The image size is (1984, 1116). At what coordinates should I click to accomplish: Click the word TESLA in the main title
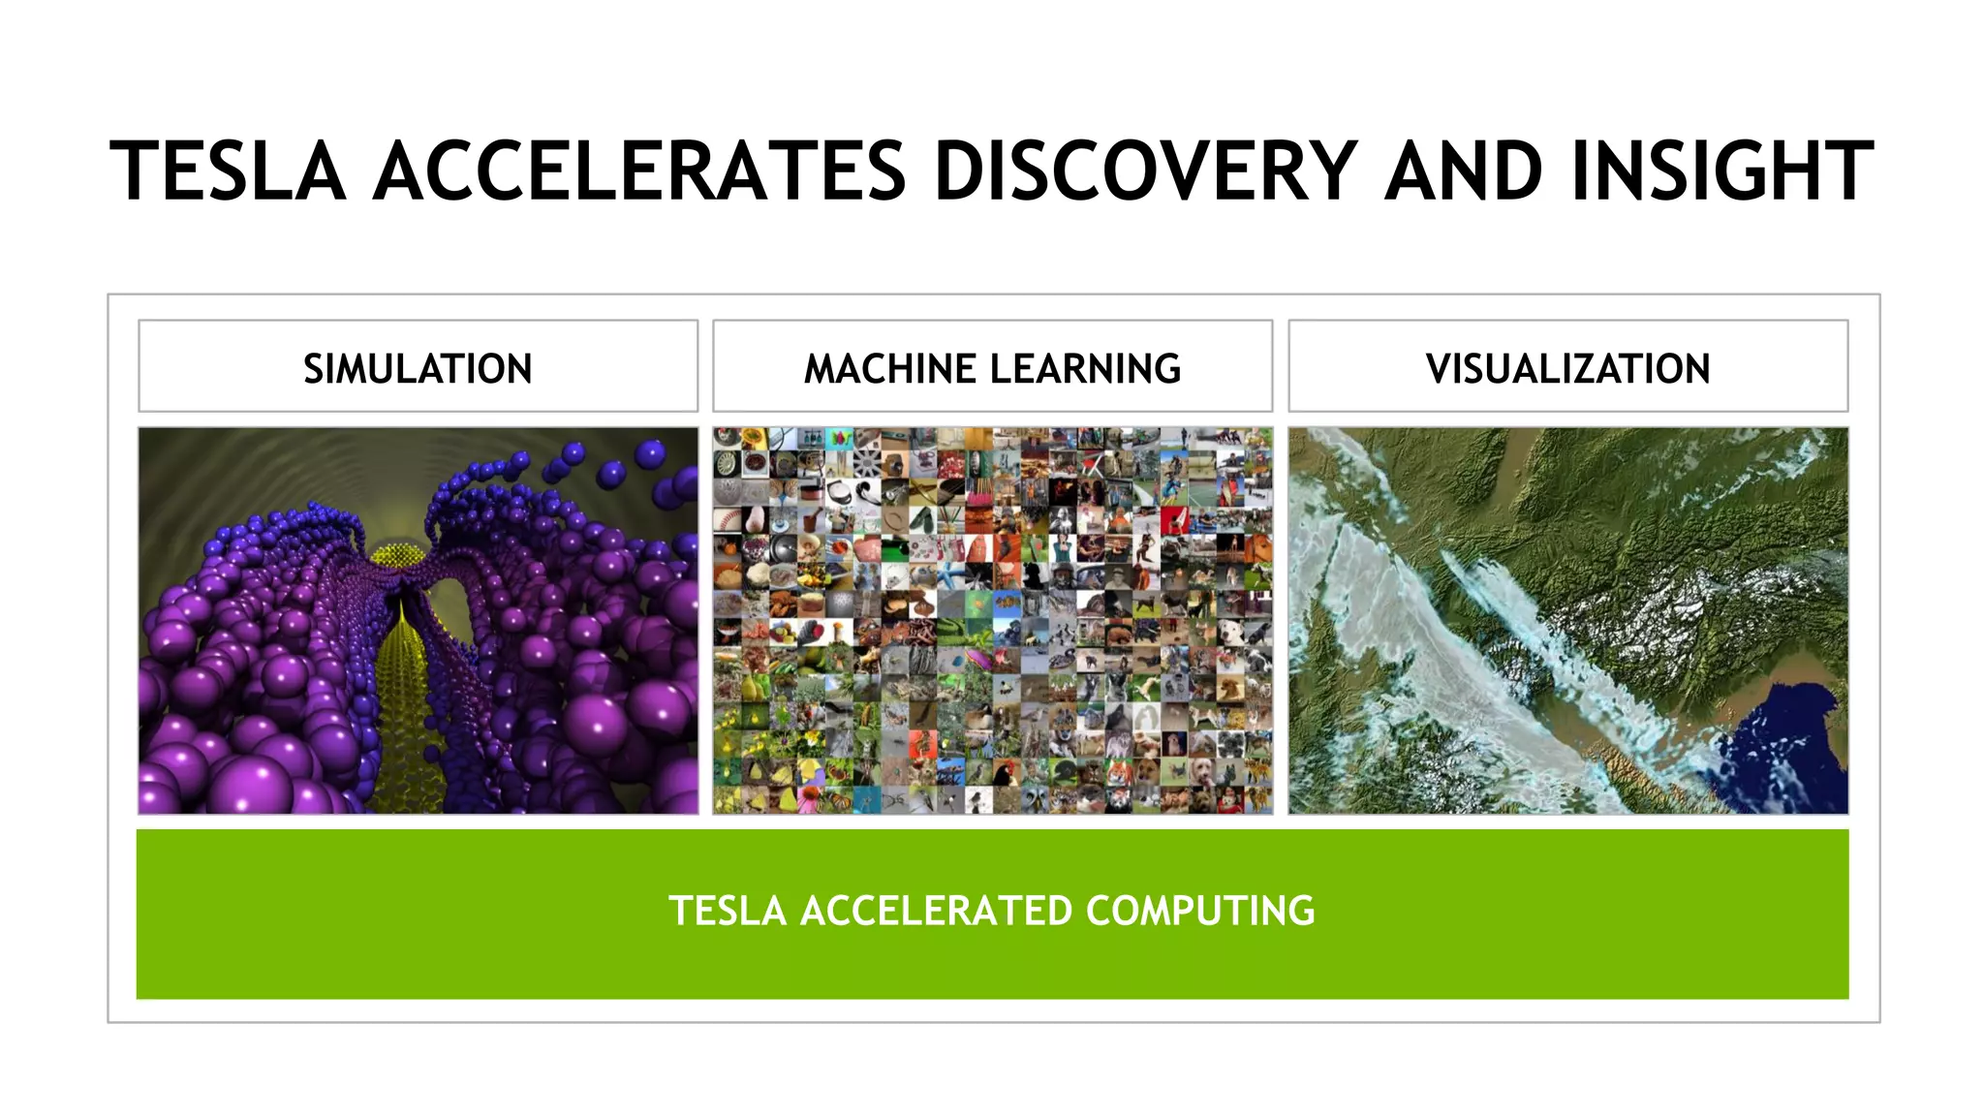coord(228,171)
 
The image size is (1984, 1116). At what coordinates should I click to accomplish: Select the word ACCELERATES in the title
coord(639,171)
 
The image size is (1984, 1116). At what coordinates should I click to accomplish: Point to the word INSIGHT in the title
coord(1722,171)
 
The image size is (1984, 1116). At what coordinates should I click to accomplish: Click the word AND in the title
coord(1463,171)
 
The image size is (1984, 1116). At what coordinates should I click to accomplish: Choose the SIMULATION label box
coord(418,368)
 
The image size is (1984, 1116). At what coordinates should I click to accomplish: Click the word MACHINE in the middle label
coord(889,369)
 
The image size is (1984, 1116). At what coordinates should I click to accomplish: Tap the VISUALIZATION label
coord(1567,369)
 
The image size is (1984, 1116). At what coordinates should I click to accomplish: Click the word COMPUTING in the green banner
coord(1200,911)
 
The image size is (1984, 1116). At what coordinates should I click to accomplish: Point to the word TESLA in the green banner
coord(727,911)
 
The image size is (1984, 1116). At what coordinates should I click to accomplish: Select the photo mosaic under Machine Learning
coord(992,620)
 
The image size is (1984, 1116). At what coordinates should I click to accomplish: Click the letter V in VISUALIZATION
coord(1438,369)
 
